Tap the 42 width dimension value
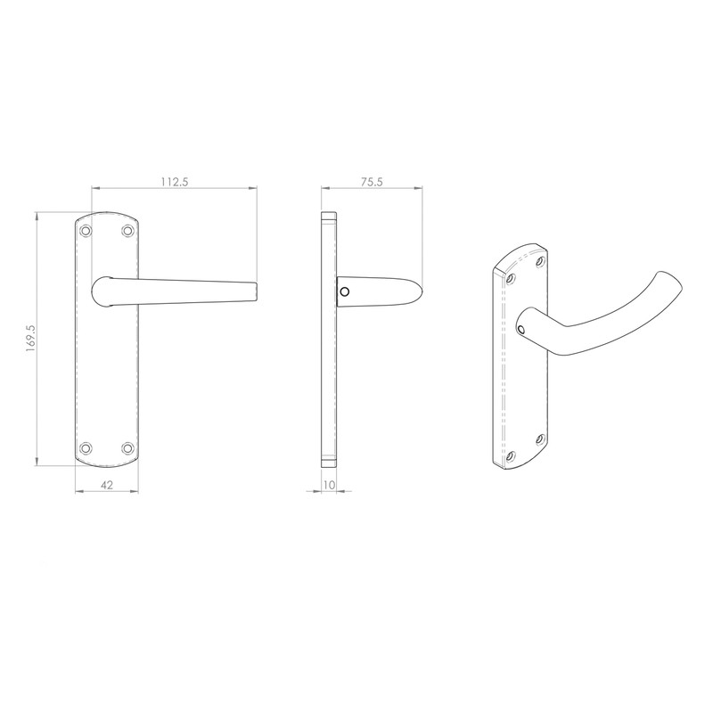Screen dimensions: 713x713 (108, 485)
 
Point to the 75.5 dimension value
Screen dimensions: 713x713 (370, 181)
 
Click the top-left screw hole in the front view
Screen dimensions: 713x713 (86, 231)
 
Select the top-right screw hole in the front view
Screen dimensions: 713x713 (128, 231)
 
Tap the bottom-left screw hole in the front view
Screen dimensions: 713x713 (86, 447)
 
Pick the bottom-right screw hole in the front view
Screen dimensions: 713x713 (128, 447)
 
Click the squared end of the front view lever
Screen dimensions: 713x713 (256, 290)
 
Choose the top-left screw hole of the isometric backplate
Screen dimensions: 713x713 (511, 279)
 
